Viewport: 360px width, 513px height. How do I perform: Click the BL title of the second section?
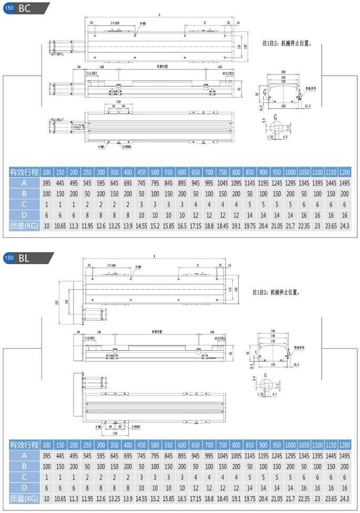24,258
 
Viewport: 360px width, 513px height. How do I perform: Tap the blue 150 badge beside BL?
8,258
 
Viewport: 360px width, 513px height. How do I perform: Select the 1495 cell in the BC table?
344,183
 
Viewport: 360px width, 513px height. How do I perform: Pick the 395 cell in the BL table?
47,456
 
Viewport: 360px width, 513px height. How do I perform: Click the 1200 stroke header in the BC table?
344,172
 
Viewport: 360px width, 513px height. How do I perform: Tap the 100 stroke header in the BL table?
47,445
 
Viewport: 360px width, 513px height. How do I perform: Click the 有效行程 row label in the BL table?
24,445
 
